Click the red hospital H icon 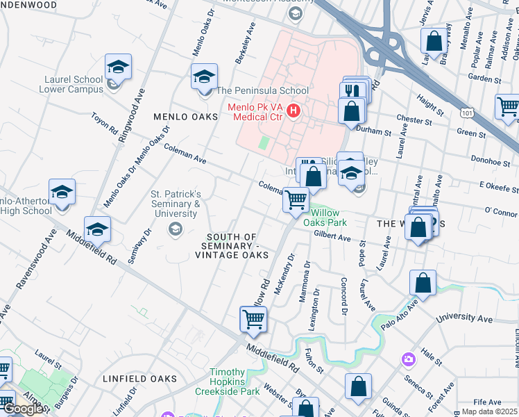tap(294, 110)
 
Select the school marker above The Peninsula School tap(204, 76)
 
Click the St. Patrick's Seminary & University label tap(176, 204)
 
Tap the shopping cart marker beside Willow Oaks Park tap(296, 200)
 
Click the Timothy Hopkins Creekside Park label tap(236, 382)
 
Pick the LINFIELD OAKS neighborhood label tap(139, 379)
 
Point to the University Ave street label tap(464, 319)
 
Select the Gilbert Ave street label tap(332, 237)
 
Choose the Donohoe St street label tap(491, 159)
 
